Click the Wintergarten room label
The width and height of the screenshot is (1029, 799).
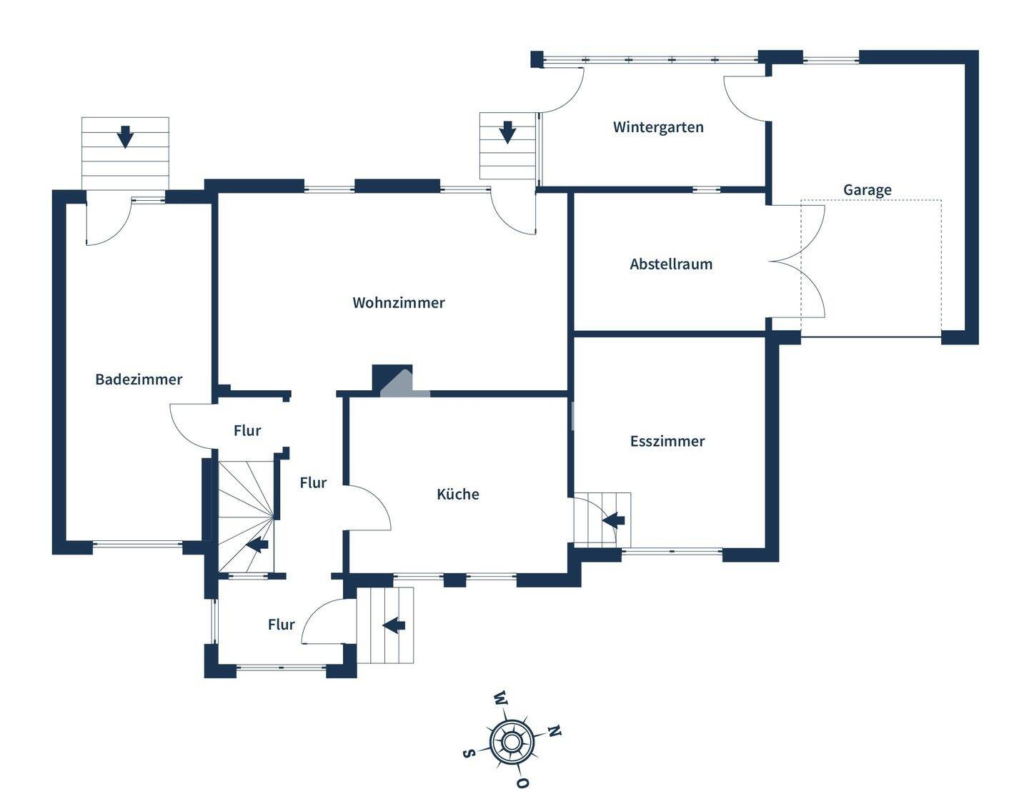click(658, 127)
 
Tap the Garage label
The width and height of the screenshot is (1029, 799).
click(867, 190)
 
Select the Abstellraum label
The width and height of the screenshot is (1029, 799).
click(671, 264)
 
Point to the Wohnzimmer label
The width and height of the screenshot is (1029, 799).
click(399, 303)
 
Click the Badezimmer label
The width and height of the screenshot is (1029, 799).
click(139, 379)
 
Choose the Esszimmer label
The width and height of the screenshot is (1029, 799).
click(667, 441)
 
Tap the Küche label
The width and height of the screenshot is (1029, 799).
click(458, 494)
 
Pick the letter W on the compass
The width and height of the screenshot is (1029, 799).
click(500, 698)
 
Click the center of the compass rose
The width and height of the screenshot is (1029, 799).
click(512, 742)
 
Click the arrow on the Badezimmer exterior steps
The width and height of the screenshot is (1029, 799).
click(125, 136)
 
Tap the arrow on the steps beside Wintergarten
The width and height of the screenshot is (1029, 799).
click(507, 132)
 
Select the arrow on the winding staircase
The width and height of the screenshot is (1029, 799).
click(257, 545)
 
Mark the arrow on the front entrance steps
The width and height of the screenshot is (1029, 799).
click(394, 625)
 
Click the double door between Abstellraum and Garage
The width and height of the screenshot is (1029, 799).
click(798, 262)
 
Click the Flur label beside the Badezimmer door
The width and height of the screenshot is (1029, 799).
click(247, 430)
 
